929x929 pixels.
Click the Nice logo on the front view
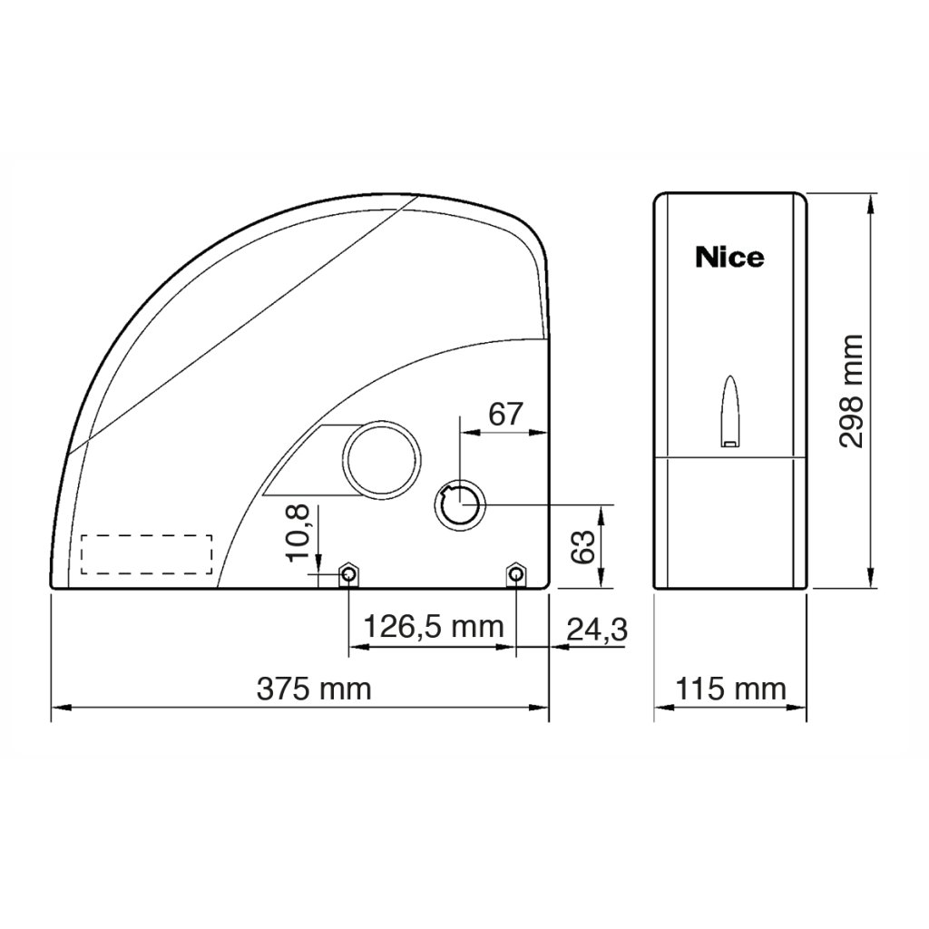729,258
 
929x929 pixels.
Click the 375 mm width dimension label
314,689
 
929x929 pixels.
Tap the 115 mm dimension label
730,689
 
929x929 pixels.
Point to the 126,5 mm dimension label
433,626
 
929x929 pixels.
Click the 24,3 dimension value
597,630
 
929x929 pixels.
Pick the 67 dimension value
505,414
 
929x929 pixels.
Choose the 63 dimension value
583,547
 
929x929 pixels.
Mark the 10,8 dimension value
298,533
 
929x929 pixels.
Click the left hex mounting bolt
348,573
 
